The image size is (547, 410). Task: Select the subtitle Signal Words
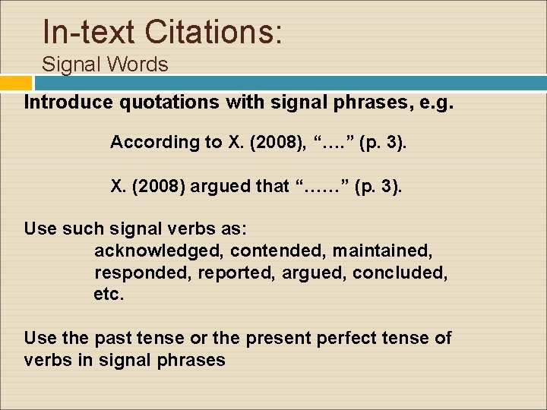point(105,65)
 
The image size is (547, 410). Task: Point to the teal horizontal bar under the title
point(289,83)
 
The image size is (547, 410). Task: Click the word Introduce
point(64,102)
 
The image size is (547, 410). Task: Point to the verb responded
point(142,272)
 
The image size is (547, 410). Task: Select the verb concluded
point(400,272)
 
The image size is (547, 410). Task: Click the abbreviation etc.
point(108,294)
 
